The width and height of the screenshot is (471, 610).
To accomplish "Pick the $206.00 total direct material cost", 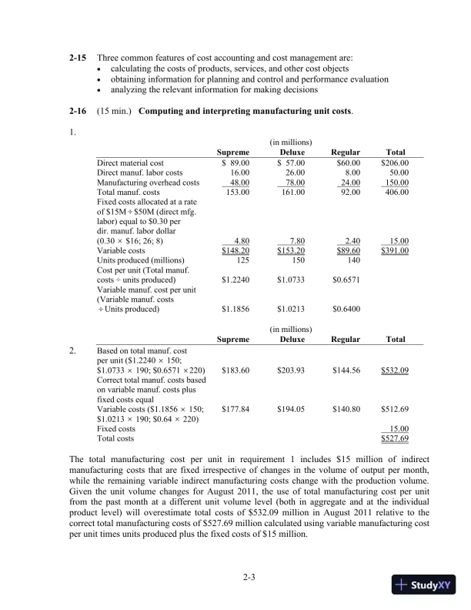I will point(394,163).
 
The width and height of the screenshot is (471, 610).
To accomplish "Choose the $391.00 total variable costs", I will point(394,250).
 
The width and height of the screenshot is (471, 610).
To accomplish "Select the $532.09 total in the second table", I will point(394,370).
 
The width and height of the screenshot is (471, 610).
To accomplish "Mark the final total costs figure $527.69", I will point(394,438).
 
